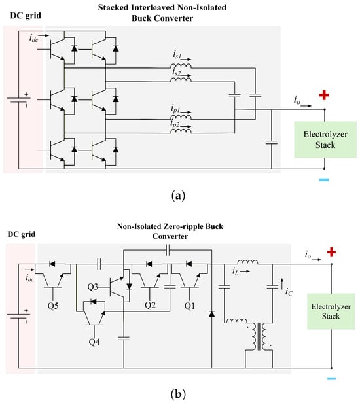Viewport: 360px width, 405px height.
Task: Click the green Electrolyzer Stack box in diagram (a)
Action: (x=325, y=139)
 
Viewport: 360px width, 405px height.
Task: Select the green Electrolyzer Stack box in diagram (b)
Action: (x=331, y=311)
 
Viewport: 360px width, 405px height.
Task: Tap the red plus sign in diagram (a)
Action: (x=324, y=95)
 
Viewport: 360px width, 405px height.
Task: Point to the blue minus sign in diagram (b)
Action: (x=331, y=379)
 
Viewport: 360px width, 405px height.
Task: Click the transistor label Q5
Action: (x=53, y=306)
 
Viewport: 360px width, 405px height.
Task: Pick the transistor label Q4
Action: (x=94, y=342)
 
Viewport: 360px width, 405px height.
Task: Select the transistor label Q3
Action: (x=92, y=287)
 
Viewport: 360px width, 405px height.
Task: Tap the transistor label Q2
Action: (x=150, y=306)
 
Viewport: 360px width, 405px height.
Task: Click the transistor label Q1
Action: (x=189, y=306)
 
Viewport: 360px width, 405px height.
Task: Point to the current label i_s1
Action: (x=177, y=55)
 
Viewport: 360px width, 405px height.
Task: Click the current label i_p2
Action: (x=175, y=124)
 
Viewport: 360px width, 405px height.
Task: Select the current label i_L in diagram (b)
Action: (x=236, y=272)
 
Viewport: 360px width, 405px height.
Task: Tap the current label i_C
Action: (x=289, y=292)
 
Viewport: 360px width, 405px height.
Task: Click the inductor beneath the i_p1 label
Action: (x=181, y=118)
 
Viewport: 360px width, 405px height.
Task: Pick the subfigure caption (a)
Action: (x=178, y=196)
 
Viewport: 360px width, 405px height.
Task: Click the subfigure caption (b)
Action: (x=178, y=395)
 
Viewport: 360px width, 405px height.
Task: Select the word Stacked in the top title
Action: (x=113, y=7)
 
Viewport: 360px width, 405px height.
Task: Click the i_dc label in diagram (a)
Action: (x=33, y=38)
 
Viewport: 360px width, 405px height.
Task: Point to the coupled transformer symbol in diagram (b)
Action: (x=259, y=336)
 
